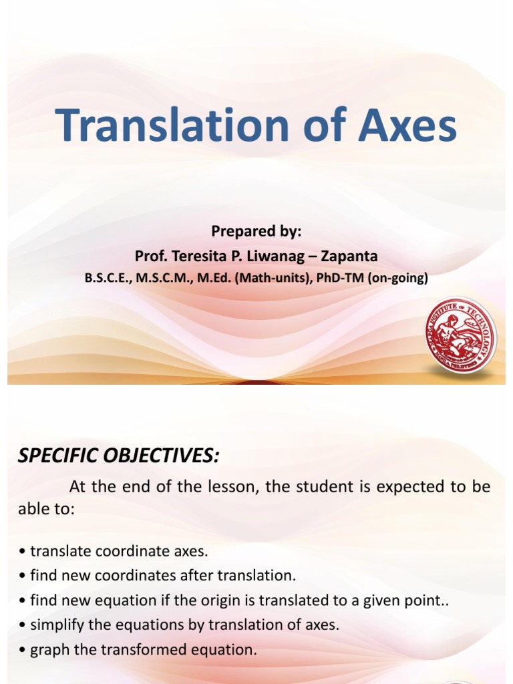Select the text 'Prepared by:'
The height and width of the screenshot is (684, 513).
pos(256,232)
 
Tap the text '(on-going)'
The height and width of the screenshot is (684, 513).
pos(397,278)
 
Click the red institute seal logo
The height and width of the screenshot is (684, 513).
pos(461,335)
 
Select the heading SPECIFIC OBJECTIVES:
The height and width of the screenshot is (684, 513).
pos(118,456)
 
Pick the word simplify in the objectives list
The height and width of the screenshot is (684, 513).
pos(56,625)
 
